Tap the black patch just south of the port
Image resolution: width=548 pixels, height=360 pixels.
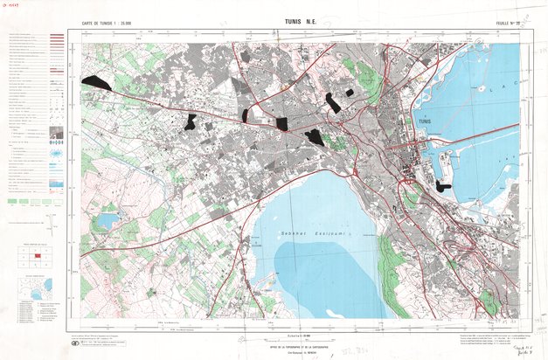pos(444,186)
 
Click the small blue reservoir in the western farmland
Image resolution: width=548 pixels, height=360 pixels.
pos(106,220)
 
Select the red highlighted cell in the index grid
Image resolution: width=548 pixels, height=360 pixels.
pos(38,255)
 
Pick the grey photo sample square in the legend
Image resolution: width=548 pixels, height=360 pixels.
pos(56,134)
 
